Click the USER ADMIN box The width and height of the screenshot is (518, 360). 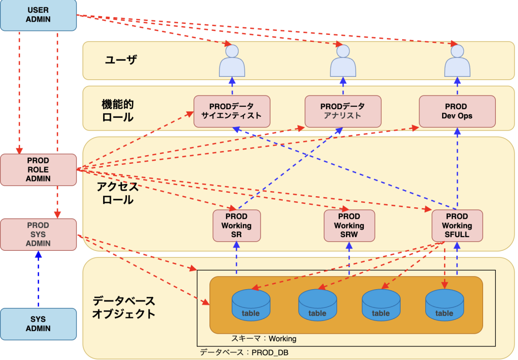pos(38,15)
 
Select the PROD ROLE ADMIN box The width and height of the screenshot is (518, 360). pos(38,169)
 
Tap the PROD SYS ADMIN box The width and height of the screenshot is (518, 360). pos(38,234)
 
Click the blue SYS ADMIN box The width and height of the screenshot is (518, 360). pos(38,324)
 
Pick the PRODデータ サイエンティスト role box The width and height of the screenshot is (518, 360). pos(232,111)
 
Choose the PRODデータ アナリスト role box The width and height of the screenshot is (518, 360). pos(342,111)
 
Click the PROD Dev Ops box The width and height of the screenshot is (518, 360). pos(456,111)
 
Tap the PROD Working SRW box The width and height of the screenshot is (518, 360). pos(349,226)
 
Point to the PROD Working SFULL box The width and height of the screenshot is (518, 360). pos(456,226)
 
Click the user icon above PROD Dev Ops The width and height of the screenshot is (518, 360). pos(457,61)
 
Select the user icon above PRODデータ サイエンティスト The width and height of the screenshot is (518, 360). pos(232,61)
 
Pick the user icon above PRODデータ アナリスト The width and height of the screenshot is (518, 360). pos(343,61)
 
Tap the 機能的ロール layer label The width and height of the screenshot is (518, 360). pos(117,111)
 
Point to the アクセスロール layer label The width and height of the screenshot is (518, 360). pos(117,193)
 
